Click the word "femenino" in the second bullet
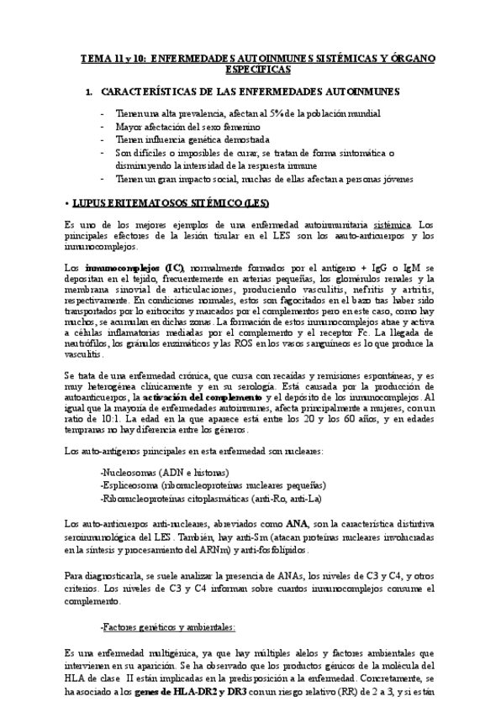pyautogui.click(x=230, y=127)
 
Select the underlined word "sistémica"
pyautogui.click(x=392, y=225)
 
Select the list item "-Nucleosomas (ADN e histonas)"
pyautogui.click(x=165, y=473)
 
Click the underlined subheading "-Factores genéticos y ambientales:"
pyautogui.click(x=167, y=627)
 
